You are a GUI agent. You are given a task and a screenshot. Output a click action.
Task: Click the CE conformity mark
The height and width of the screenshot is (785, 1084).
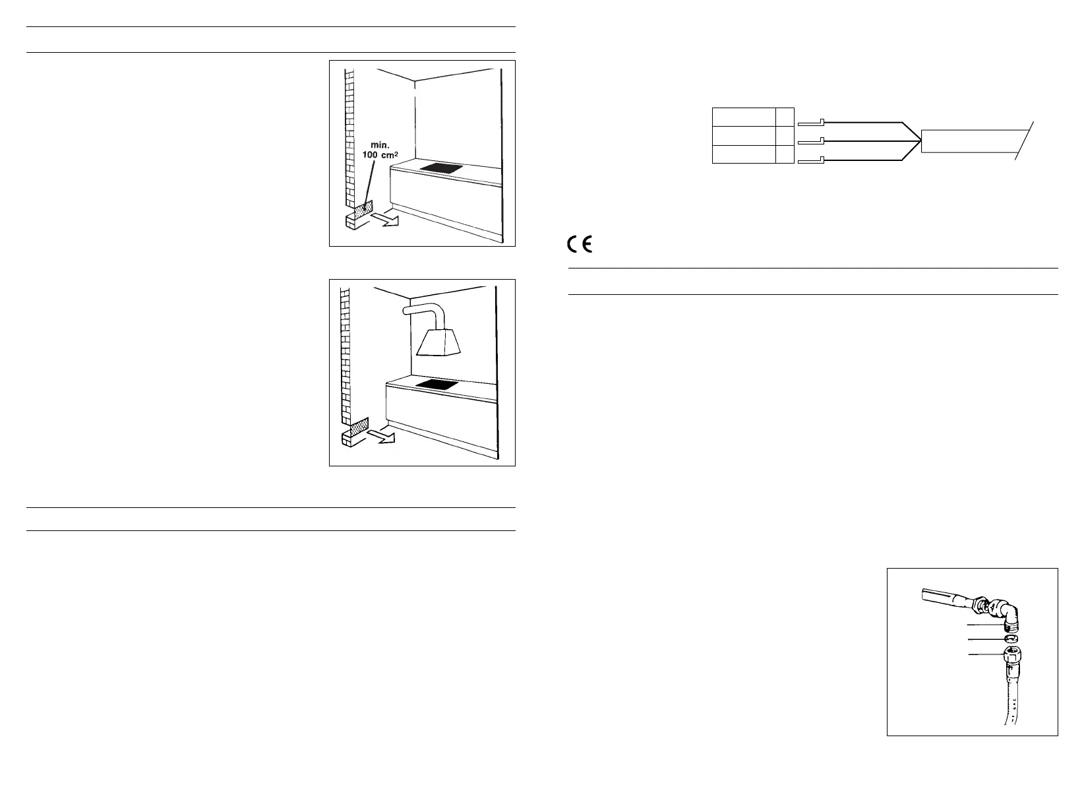[580, 245]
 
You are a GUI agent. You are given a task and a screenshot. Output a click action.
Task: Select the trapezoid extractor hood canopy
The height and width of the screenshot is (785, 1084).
[441, 342]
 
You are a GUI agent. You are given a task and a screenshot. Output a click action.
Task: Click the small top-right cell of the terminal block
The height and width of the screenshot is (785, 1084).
[785, 117]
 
